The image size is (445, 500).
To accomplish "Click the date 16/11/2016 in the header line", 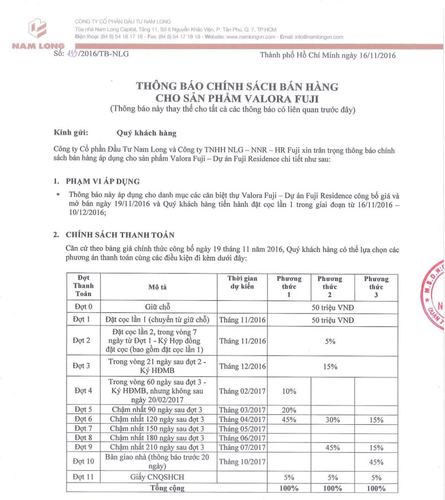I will pos(377,55).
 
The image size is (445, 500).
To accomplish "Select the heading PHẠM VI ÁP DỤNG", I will pos(103,181).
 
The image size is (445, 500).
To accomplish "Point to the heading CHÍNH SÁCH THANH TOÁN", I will pos(120,235).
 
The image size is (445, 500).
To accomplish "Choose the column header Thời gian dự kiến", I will pos(242,282).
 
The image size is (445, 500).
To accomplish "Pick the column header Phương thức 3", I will pos(376,287).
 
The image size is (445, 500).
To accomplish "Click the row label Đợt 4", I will pos(83,391).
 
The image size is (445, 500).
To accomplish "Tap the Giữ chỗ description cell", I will pos(157,307).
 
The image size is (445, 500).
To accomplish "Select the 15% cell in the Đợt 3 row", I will pos(330,367).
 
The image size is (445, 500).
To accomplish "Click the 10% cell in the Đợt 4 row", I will pos(289,391).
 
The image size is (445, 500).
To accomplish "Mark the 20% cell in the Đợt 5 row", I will pos(289,410).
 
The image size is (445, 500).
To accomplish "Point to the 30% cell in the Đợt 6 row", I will pos(332,420).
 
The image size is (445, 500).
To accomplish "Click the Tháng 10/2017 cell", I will pos(242,462).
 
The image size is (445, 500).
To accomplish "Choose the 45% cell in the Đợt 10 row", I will pos(376,462).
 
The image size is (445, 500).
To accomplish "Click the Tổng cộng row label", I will pos(167,488).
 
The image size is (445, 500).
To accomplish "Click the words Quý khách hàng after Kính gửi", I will pos(146,133).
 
